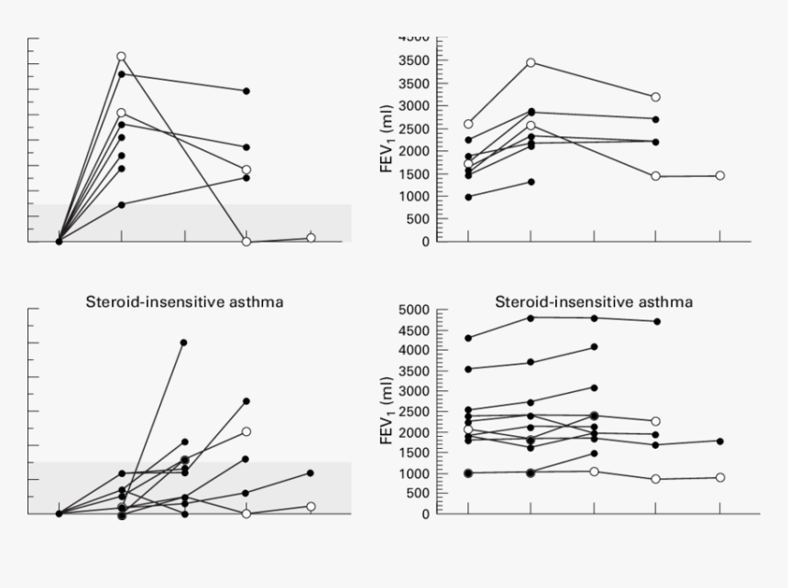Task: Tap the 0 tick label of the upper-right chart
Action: click(425, 242)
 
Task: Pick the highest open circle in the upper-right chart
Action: click(531, 62)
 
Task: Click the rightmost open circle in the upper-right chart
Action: click(720, 175)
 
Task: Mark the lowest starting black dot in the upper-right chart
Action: click(468, 197)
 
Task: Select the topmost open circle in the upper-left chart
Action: click(121, 57)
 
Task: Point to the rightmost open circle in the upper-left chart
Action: click(311, 237)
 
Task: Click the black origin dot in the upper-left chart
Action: click(59, 242)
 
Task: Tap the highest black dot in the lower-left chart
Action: click(184, 343)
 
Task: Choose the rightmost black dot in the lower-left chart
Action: click(311, 473)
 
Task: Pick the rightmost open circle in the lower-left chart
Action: click(311, 506)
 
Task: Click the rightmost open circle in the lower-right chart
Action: click(720, 477)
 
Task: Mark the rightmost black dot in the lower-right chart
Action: click(720, 441)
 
